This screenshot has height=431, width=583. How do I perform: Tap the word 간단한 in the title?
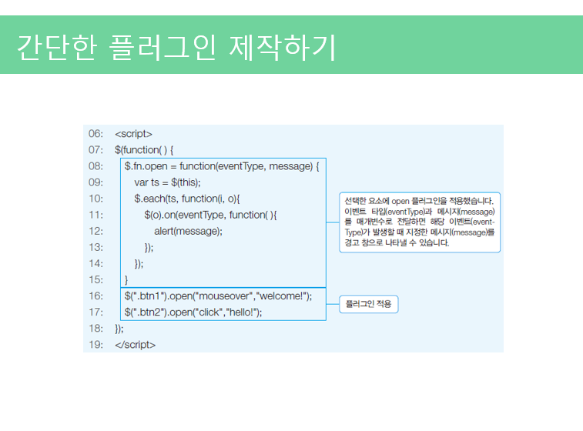pos(57,47)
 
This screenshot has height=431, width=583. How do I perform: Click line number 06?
pos(95,134)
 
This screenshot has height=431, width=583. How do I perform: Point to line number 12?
pos(95,231)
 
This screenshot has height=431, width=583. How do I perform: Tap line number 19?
pos(95,345)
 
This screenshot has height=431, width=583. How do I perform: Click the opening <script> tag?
pos(133,134)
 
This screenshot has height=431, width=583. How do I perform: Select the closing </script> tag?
pos(135,345)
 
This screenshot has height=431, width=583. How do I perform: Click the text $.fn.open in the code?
pos(146,166)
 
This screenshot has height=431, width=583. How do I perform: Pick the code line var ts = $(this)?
pos(167,182)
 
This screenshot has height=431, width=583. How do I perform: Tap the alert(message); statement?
pos(188,231)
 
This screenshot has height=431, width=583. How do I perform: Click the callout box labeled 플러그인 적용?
pos(369,305)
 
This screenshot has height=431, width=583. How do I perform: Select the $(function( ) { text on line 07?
pos(144,150)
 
